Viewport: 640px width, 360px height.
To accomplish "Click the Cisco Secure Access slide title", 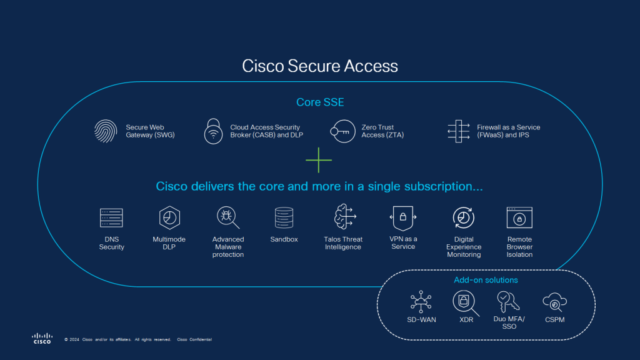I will pos(319,66).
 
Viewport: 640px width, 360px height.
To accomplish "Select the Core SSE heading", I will pos(319,102).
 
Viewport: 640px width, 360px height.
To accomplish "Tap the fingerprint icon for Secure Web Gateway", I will pos(106,131).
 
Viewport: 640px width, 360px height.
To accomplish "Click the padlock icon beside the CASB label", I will pos(214,131).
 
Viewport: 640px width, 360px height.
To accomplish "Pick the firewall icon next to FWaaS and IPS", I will pos(459,131).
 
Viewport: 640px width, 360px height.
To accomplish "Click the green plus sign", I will pos(319,161).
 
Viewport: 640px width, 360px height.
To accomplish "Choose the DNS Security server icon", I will pos(111,217).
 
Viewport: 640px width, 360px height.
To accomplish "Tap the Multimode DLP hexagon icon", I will pos(169,217).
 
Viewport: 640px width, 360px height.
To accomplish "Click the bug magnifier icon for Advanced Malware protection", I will pos(227,217).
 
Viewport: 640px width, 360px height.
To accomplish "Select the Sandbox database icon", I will pos(284,217).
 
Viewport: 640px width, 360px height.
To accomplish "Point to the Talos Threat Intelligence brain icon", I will pos(343,217).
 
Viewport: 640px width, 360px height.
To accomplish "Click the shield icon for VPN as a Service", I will pos(403,217).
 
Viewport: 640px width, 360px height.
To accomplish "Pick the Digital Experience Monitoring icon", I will pos(464,217).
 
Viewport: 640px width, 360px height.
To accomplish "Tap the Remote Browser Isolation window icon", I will pos(519,217).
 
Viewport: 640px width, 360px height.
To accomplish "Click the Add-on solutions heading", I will pos(486,280).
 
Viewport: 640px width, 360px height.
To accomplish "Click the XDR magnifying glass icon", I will pos(465,303).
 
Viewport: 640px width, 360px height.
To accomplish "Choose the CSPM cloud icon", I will pos(554,302).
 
